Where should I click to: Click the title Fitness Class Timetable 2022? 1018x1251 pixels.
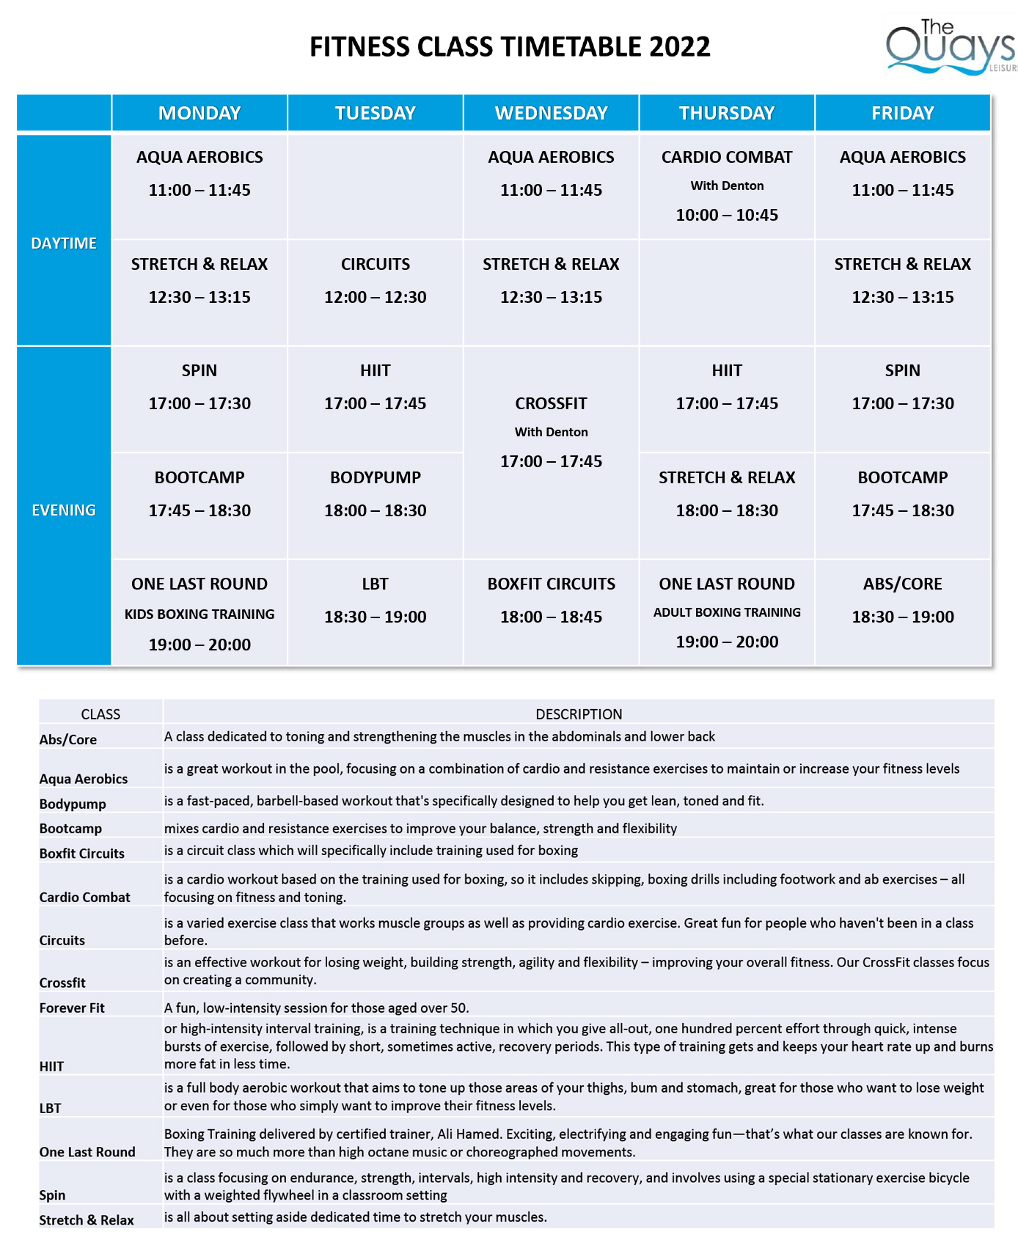510,47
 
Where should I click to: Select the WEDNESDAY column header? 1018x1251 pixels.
551,113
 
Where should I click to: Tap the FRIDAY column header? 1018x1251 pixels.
902,113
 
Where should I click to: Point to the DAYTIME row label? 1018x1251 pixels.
64,243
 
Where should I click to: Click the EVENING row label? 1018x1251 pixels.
64,510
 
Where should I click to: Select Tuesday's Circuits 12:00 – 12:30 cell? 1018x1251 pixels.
375,281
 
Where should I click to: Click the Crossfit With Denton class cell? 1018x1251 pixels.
551,432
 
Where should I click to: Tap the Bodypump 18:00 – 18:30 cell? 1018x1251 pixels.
375,494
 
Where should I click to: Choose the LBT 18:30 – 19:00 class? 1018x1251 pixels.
375,601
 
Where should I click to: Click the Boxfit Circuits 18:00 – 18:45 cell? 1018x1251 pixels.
551,601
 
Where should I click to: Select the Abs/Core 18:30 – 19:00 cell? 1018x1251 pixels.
902,601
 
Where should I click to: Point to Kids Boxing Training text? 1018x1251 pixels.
199,615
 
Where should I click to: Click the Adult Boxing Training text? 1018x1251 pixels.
727,612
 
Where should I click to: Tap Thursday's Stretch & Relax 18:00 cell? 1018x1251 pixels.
727,494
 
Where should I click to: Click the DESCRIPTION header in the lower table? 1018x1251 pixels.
579,714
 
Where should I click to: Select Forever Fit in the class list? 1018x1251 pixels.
72,1008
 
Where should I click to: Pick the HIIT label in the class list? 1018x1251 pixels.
51,1066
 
